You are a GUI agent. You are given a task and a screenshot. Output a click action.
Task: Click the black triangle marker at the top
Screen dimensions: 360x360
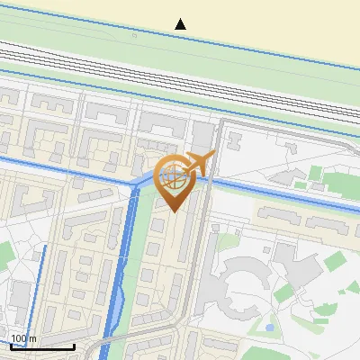tap(181, 24)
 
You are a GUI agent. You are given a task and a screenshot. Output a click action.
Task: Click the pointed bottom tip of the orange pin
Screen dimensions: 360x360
tap(174, 211)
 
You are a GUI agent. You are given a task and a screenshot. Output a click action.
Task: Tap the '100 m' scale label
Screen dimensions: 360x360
tap(23, 338)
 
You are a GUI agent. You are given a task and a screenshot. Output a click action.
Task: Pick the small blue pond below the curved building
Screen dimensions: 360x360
tap(269, 328)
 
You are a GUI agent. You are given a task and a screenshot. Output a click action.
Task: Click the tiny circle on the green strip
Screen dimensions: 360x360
tap(135, 37)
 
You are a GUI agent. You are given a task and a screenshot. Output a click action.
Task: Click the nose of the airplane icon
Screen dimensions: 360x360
tap(213, 156)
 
